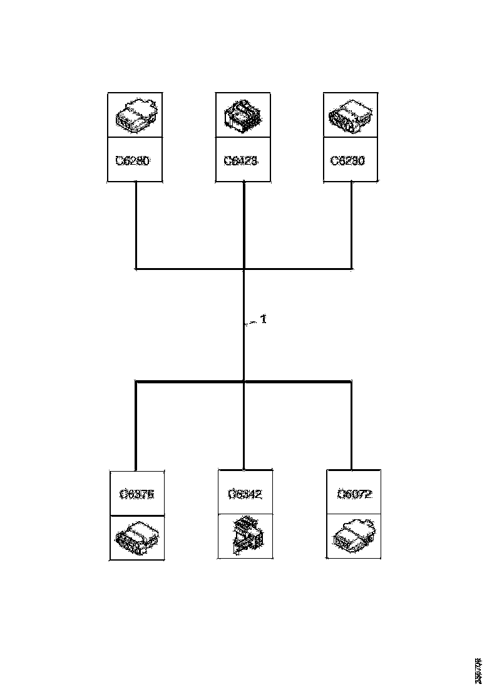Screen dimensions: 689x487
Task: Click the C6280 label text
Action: pos(133,160)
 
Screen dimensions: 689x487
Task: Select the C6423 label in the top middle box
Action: pos(242,160)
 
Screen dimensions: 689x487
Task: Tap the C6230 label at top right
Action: pos(348,160)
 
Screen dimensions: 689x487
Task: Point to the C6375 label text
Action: pos(136,494)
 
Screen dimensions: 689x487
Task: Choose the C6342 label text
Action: pos(245,494)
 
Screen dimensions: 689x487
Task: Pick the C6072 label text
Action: pos(354,494)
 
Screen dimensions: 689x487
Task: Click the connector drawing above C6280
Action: pos(135,115)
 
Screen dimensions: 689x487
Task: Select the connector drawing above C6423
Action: pos(243,115)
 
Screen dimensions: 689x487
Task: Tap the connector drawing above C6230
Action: pos(351,115)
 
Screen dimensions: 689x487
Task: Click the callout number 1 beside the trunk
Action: pos(264,319)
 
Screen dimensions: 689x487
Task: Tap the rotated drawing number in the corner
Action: pos(478,670)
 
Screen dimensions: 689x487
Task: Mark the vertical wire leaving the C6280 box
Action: pos(136,225)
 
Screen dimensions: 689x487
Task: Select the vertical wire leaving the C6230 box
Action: pos(351,225)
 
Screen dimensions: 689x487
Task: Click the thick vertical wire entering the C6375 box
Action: pos(136,426)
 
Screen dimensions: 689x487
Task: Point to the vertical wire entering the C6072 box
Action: pos(351,426)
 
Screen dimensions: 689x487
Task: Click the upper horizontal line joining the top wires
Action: pos(188,269)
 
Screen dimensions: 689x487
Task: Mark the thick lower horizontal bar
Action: pos(188,381)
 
